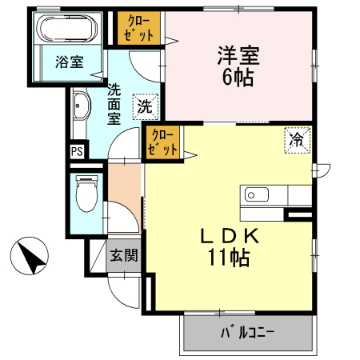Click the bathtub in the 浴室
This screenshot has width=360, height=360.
click(68, 30)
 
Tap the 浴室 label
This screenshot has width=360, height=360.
click(68, 61)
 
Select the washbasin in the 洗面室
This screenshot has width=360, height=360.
click(81, 107)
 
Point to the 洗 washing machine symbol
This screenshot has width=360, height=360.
click(145, 105)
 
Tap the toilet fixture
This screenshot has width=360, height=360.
click(85, 193)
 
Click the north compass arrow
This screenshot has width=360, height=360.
click(30, 258)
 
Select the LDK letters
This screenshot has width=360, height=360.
click(228, 237)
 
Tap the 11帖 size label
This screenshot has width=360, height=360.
click(228, 258)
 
